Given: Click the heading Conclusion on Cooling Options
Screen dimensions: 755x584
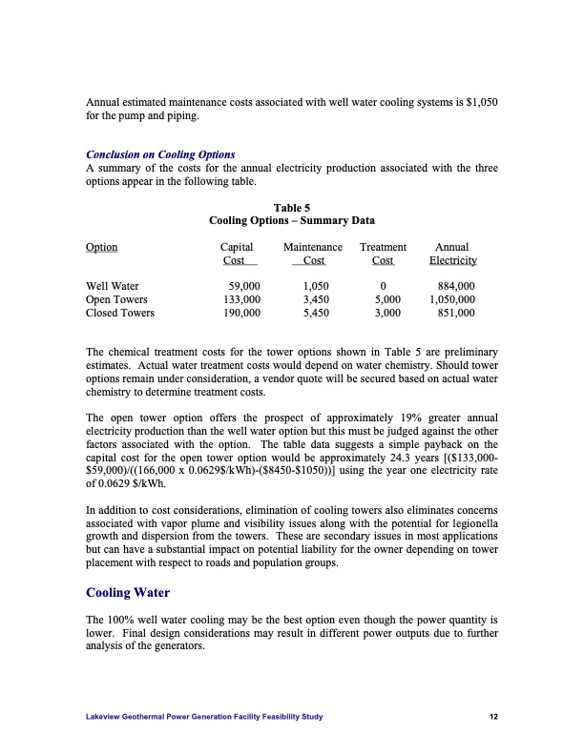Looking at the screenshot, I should [x=160, y=154].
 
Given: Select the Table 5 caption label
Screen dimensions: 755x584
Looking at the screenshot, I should [x=291, y=206].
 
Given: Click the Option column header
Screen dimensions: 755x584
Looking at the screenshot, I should [x=102, y=247].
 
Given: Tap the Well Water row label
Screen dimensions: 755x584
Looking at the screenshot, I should [x=113, y=285].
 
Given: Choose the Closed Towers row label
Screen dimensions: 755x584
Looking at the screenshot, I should [x=120, y=312].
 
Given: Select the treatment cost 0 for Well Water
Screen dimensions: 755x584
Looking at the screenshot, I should [x=383, y=285].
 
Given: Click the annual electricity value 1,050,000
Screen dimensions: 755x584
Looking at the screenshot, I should [x=453, y=298].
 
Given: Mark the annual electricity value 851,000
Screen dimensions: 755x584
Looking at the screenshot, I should [x=456, y=312].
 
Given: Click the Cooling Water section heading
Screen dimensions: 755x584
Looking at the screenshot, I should [x=128, y=592].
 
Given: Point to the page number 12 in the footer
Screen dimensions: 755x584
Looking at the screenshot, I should [x=493, y=718].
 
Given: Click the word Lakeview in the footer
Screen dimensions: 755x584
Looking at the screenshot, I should [x=105, y=718].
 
